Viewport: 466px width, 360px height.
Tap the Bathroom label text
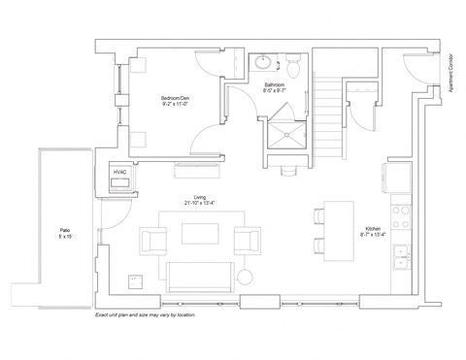[x=275, y=84]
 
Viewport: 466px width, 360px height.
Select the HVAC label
[x=120, y=173]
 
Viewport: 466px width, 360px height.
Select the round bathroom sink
[x=262, y=64]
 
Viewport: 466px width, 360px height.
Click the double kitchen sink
[x=400, y=256]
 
